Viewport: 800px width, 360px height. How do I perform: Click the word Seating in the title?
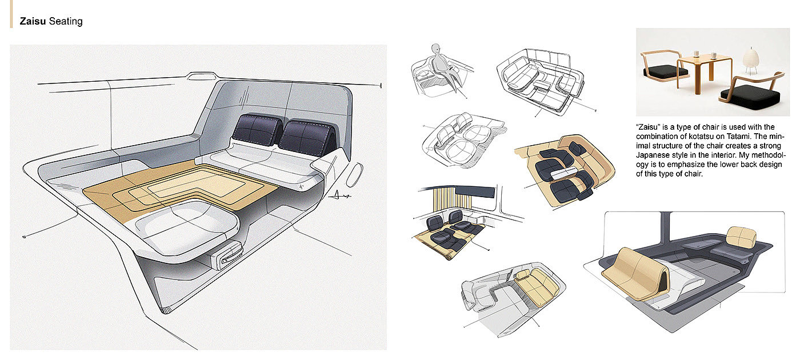[x=66, y=22]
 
